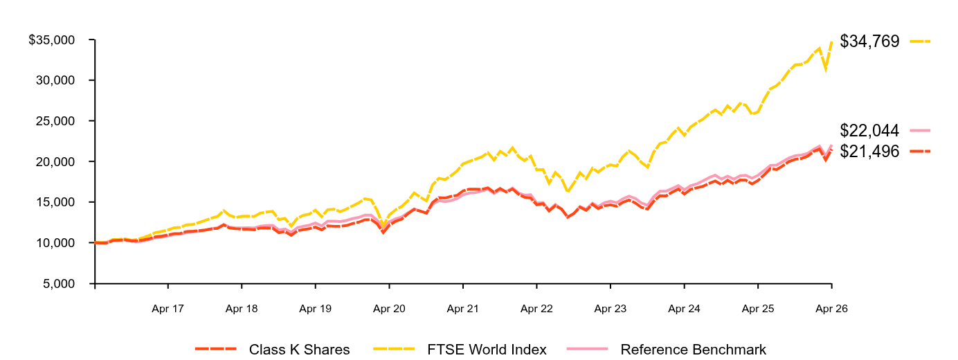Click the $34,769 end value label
click(x=869, y=42)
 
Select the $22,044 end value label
click(x=869, y=130)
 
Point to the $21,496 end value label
click(x=869, y=152)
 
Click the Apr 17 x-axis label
click(x=168, y=309)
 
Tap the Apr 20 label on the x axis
click(x=389, y=309)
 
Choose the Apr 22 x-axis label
click(x=536, y=309)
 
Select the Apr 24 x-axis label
click(x=685, y=309)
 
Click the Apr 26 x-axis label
click(x=831, y=309)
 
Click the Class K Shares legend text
click(x=299, y=350)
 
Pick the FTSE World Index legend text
click(x=487, y=350)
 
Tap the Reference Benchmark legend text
click(x=694, y=350)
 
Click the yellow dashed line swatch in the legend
click(x=394, y=349)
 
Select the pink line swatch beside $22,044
click(x=920, y=130)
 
